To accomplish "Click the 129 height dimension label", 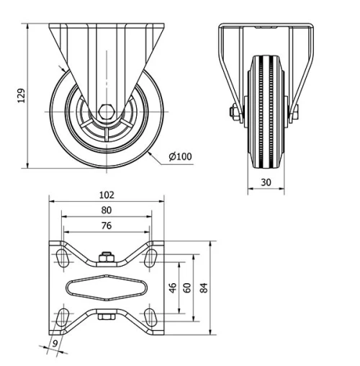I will pos(22,95).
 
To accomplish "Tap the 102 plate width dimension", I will pos(107,195).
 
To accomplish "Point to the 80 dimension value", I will pos(107,210).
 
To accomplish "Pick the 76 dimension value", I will pos(107,226).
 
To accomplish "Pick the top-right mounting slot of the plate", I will pos(150,256).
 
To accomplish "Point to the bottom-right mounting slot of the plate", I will pos(150,316).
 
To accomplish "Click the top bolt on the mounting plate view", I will pos(107,256).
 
